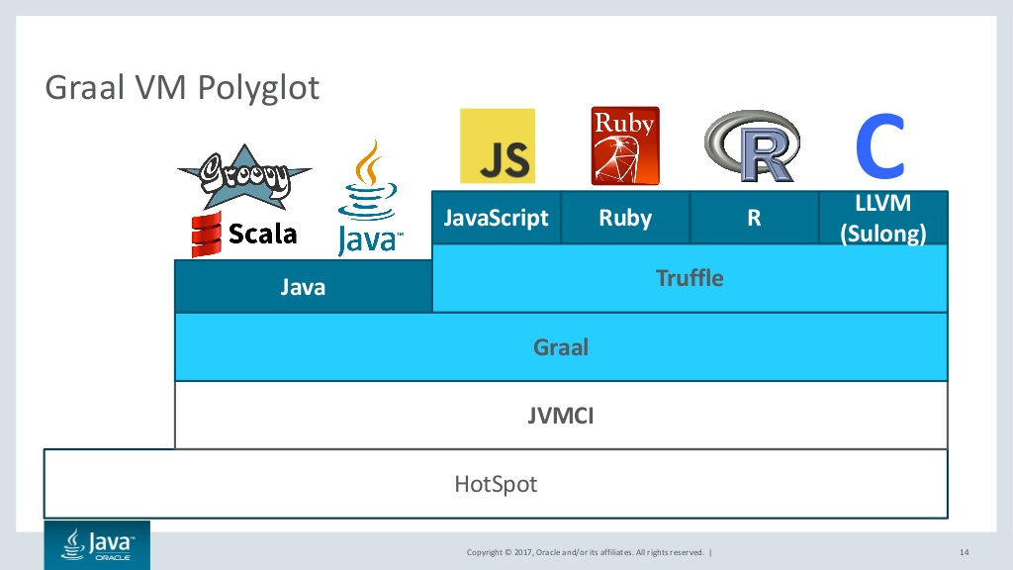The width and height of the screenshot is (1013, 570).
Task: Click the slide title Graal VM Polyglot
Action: coord(183,88)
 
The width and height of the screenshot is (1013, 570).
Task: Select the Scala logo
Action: coord(244,234)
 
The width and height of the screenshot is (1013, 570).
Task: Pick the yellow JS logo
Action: coord(498,146)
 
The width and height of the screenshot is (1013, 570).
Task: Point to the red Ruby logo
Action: coord(625,146)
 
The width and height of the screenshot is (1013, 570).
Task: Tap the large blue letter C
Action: coord(880,146)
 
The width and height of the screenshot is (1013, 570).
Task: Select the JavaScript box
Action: coord(497,218)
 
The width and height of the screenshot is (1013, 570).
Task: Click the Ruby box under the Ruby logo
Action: coord(625,218)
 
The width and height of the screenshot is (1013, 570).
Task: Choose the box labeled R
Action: coord(754,218)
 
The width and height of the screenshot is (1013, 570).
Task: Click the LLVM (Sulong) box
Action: coord(883,219)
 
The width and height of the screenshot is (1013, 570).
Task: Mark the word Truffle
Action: coord(690,278)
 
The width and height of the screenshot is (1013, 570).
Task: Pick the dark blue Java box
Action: coord(303,287)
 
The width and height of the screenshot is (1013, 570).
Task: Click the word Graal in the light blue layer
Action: coord(561,347)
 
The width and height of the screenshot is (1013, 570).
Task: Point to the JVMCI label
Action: coord(561,416)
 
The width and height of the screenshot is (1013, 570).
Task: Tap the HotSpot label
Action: coord(496,484)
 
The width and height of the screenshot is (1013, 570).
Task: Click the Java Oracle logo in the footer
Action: coord(97,544)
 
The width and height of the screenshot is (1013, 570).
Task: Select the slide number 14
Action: coord(964,551)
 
